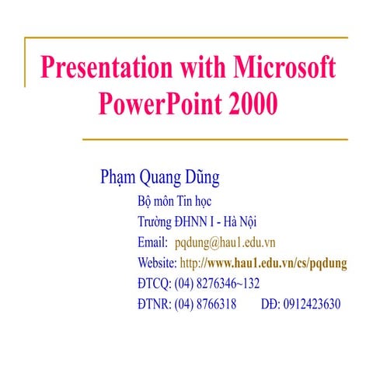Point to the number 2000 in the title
pyautogui.click(x=252, y=103)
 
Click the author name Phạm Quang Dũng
pyautogui.click(x=160, y=177)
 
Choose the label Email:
pyautogui.click(x=152, y=242)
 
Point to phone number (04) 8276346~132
pyautogui.click(x=217, y=283)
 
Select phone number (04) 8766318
pyautogui.click(x=205, y=304)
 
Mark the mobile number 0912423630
pyautogui.click(x=312, y=304)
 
